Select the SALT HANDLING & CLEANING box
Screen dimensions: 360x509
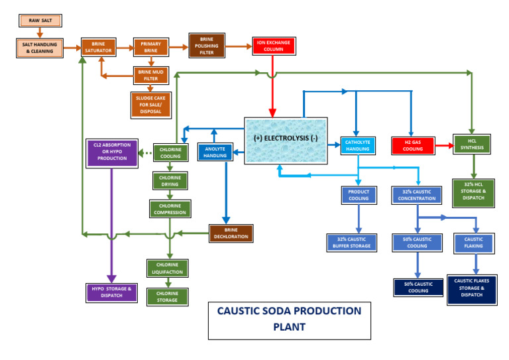(x=38, y=48)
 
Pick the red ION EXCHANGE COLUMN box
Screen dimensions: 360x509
(x=272, y=46)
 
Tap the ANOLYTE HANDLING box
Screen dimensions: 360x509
(x=215, y=152)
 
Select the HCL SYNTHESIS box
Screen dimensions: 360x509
(x=471, y=144)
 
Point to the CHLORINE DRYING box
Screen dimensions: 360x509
(x=170, y=180)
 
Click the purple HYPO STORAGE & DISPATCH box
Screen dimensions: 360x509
(x=111, y=292)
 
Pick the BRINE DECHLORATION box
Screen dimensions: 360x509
(x=231, y=233)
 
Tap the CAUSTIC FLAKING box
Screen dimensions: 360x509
(x=473, y=243)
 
